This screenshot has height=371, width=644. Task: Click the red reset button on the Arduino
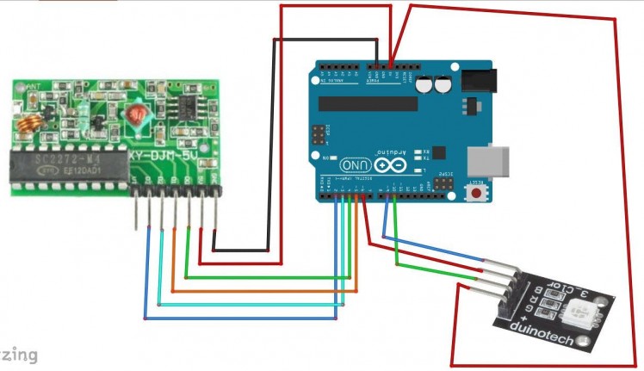(476, 195)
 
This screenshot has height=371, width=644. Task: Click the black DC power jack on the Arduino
(476, 80)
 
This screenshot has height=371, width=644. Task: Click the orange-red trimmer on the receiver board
(134, 114)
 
